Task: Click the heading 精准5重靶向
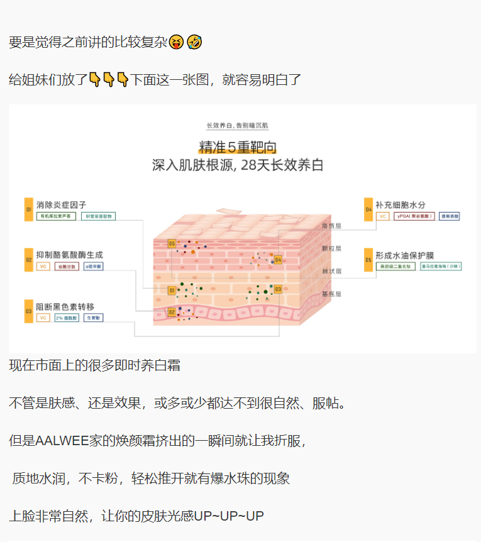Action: pyautogui.click(x=238, y=147)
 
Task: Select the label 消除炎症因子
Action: pyautogui.click(x=61, y=205)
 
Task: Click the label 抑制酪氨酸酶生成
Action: pyautogui.click(x=69, y=255)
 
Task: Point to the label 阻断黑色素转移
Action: pyautogui.click(x=65, y=307)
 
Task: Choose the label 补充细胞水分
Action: pyautogui.click(x=401, y=205)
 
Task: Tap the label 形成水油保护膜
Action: pyautogui.click(x=405, y=255)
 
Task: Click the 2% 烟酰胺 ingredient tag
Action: pyautogui.click(x=67, y=318)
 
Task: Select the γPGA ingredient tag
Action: pyautogui.click(x=413, y=216)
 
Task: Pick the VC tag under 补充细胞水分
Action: pyautogui.click(x=382, y=216)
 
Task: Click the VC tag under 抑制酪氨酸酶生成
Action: pyautogui.click(x=43, y=267)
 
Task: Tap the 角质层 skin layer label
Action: pyautogui.click(x=331, y=226)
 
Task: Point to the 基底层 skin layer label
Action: pyautogui.click(x=331, y=294)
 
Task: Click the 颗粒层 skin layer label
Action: pyautogui.click(x=331, y=248)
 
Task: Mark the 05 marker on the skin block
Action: pyautogui.click(x=172, y=243)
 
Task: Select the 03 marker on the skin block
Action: pyautogui.click(x=277, y=289)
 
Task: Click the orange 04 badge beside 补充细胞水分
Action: pyautogui.click(x=368, y=209)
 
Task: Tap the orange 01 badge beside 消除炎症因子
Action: pyautogui.click(x=28, y=209)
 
